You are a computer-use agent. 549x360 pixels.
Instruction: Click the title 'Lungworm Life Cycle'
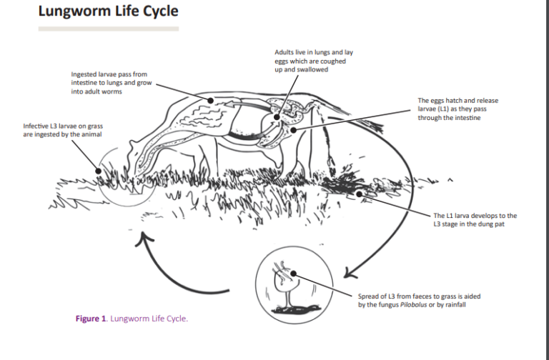(x=108, y=12)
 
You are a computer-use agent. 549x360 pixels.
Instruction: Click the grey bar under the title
(x=108, y=29)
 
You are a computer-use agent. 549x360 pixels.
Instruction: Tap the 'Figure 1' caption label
(x=91, y=319)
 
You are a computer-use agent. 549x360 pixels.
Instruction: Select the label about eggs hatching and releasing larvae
(x=457, y=109)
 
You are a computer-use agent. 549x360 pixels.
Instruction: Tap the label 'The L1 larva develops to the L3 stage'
(x=475, y=219)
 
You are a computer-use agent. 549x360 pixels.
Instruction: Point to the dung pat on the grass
(x=350, y=187)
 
